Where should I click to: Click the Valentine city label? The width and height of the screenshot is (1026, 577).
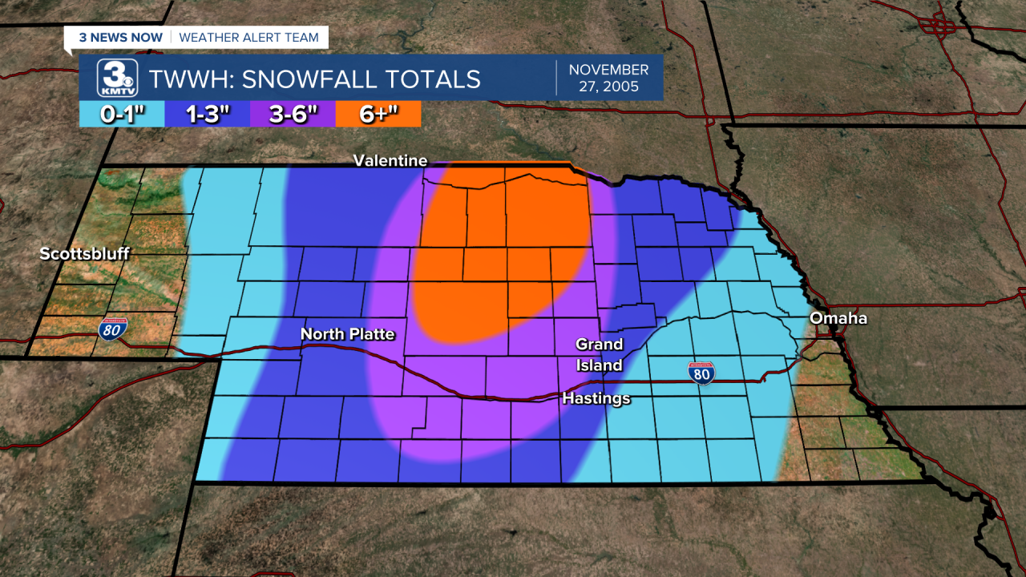point(390,161)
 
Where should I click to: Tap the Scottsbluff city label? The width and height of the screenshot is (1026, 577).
point(84,254)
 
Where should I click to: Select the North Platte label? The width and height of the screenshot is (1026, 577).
point(347,333)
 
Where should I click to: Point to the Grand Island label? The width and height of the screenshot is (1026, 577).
point(599,354)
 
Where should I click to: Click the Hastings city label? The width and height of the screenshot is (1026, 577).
point(596,398)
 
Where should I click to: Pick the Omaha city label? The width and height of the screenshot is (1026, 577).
point(838,318)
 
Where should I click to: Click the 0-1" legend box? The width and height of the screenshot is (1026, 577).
point(122,114)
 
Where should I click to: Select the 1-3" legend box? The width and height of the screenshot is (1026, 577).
point(207,114)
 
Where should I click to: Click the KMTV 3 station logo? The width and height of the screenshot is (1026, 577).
point(117,78)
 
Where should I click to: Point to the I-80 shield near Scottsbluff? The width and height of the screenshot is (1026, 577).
point(111,329)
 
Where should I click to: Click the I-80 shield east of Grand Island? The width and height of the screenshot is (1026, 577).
point(701,373)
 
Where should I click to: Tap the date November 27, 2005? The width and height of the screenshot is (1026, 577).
point(608,78)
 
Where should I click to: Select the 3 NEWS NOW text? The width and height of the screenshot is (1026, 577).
point(120,37)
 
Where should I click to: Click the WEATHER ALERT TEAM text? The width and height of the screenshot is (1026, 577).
point(248,37)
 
